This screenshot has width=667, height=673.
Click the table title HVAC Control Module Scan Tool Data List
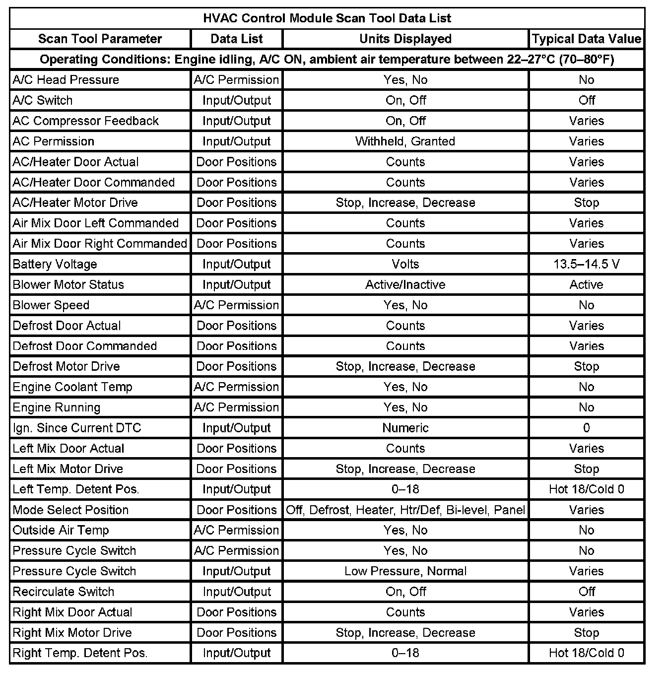pyautogui.click(x=327, y=18)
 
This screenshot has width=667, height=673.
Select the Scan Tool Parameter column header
pyautogui.click(x=100, y=39)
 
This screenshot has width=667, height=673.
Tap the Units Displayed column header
pyautogui.click(x=405, y=39)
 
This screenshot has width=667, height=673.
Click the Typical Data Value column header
pyautogui.click(x=586, y=39)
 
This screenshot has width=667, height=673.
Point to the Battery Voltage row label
pyautogui.click(x=55, y=264)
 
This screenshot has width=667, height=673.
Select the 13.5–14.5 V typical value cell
pyautogui.click(x=586, y=264)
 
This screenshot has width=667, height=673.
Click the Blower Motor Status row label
pyautogui.click(x=68, y=284)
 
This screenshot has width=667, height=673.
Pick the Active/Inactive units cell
pyautogui.click(x=405, y=284)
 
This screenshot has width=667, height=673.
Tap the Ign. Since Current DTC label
pyautogui.click(x=77, y=428)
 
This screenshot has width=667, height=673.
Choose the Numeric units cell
pyautogui.click(x=405, y=428)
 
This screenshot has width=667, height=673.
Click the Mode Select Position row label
pyautogui.click(x=70, y=510)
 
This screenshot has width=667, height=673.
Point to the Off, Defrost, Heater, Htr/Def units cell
pyautogui.click(x=405, y=510)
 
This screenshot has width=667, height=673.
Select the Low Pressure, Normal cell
pyautogui.click(x=405, y=571)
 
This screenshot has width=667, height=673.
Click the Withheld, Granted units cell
pyautogui.click(x=405, y=141)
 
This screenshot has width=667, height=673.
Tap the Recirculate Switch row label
pyautogui.click(x=64, y=592)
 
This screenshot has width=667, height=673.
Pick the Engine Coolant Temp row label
pyautogui.click(x=72, y=387)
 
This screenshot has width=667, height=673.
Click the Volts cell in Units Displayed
pyautogui.click(x=405, y=264)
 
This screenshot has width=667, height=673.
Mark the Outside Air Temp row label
pyautogui.click(x=61, y=530)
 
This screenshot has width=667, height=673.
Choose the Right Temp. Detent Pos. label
pyautogui.click(x=80, y=653)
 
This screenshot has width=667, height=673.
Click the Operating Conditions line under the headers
pyautogui.click(x=327, y=60)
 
